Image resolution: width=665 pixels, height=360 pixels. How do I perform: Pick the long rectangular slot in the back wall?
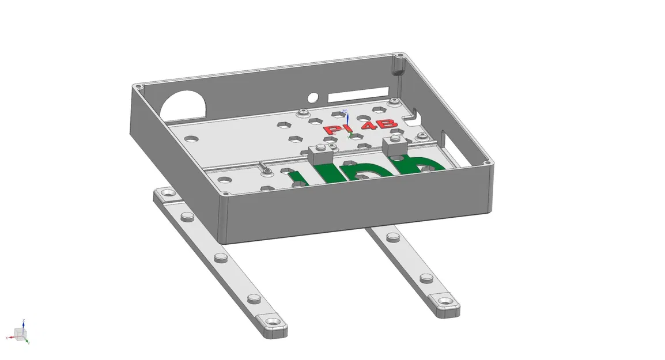(358, 92)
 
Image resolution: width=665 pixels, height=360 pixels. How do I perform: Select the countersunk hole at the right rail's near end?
(446, 301)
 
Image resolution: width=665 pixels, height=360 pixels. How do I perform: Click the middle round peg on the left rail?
(220, 257)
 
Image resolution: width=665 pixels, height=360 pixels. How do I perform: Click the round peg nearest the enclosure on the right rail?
(392, 237)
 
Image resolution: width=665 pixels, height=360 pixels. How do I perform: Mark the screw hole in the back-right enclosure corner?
(400, 56)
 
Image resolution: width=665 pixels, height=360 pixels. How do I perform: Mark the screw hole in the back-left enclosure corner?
(137, 86)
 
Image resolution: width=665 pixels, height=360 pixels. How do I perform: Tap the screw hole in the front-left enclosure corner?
(224, 196)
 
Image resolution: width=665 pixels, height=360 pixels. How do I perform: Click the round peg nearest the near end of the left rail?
(252, 298)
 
